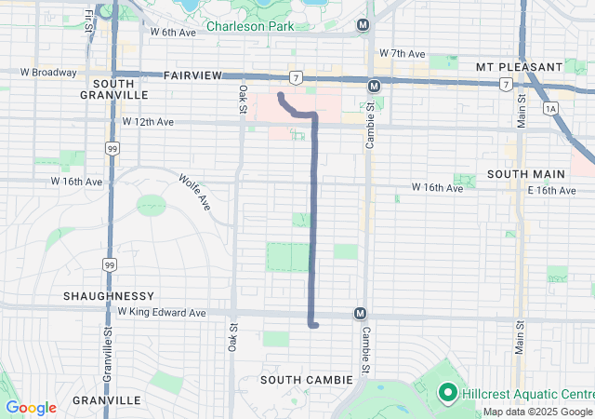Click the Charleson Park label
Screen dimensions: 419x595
click(249, 26)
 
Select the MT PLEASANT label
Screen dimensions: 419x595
click(519, 67)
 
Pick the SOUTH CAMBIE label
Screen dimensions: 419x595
click(306, 380)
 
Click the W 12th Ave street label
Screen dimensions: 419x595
click(148, 122)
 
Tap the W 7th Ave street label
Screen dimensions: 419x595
click(402, 54)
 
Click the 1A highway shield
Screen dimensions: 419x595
click(552, 109)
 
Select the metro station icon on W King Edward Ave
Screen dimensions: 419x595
click(359, 314)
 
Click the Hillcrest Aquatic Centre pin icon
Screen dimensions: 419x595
click(445, 393)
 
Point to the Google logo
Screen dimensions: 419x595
click(31, 408)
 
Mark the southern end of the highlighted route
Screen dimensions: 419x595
click(315, 325)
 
